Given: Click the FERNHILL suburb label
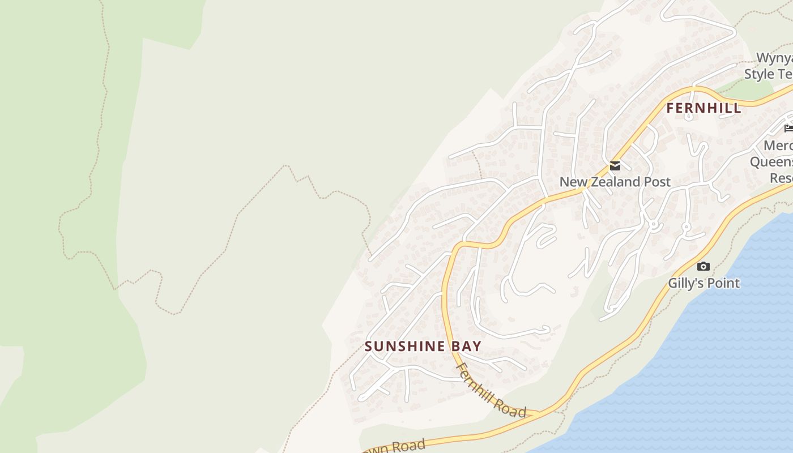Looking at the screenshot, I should tap(704, 108).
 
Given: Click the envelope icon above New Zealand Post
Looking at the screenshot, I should tap(615, 166).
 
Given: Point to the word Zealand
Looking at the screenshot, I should tap(615, 182).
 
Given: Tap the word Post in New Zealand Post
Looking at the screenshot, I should tap(658, 182).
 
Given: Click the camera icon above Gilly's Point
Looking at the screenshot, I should tap(704, 266).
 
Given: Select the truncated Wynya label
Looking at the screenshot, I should tap(774, 59).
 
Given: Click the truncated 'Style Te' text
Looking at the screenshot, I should tap(768, 74).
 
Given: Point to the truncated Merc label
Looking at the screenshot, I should tap(778, 146).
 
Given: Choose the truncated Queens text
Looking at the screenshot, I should tap(771, 163).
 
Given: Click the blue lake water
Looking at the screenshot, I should tap(708, 368).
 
